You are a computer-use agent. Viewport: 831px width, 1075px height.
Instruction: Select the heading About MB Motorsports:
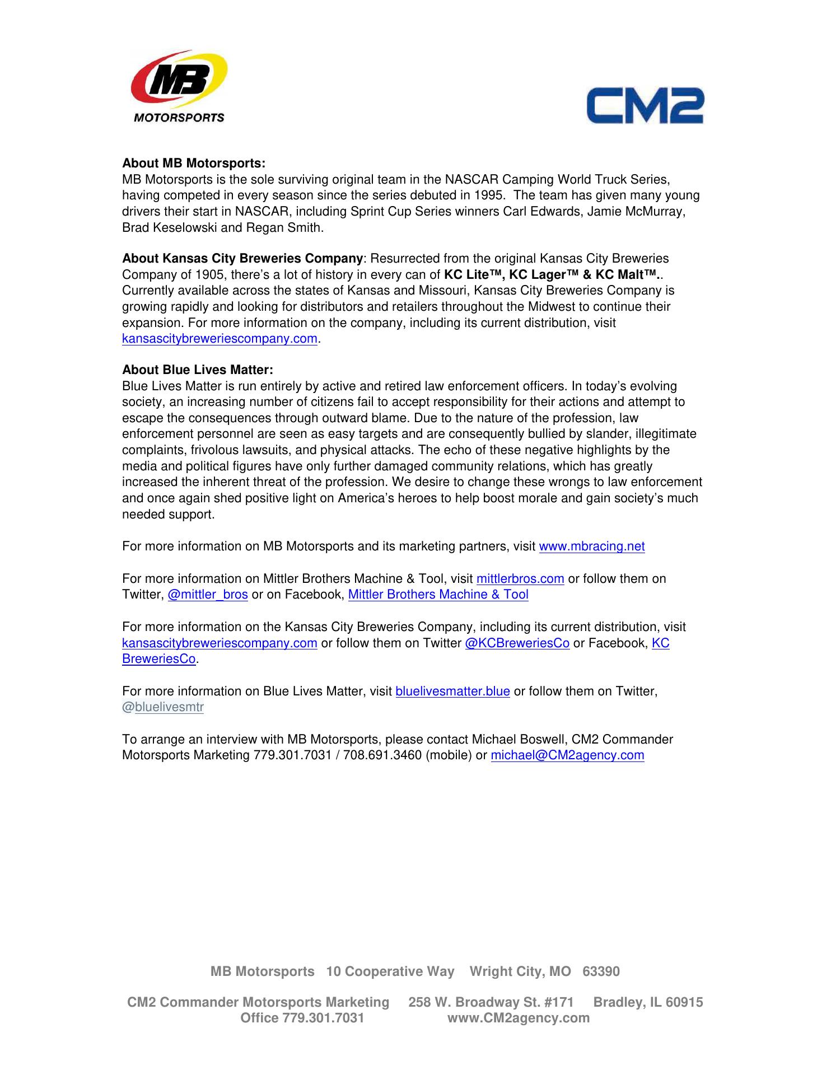pos(194,163)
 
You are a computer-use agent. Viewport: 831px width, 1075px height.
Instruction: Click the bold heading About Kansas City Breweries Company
pos(242,259)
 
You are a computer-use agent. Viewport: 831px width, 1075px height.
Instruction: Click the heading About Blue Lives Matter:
pos(198,370)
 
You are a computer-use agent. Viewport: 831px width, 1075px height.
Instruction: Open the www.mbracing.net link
pos(591,546)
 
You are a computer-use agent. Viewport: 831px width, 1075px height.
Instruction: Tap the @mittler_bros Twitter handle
pos(208,595)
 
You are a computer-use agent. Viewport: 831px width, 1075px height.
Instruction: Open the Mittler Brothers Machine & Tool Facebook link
pos(438,595)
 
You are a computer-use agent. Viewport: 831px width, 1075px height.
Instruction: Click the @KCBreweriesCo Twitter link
pos(517,643)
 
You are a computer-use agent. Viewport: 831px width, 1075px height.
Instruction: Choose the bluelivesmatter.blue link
pos(452,691)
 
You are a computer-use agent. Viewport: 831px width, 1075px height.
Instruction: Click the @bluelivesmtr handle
pos(163,708)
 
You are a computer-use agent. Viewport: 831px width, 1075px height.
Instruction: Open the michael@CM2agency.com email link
pos(567,756)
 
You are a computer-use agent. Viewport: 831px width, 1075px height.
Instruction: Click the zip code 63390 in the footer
pos(601,971)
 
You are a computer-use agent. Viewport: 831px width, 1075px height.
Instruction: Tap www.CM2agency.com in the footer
pos(518,1018)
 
